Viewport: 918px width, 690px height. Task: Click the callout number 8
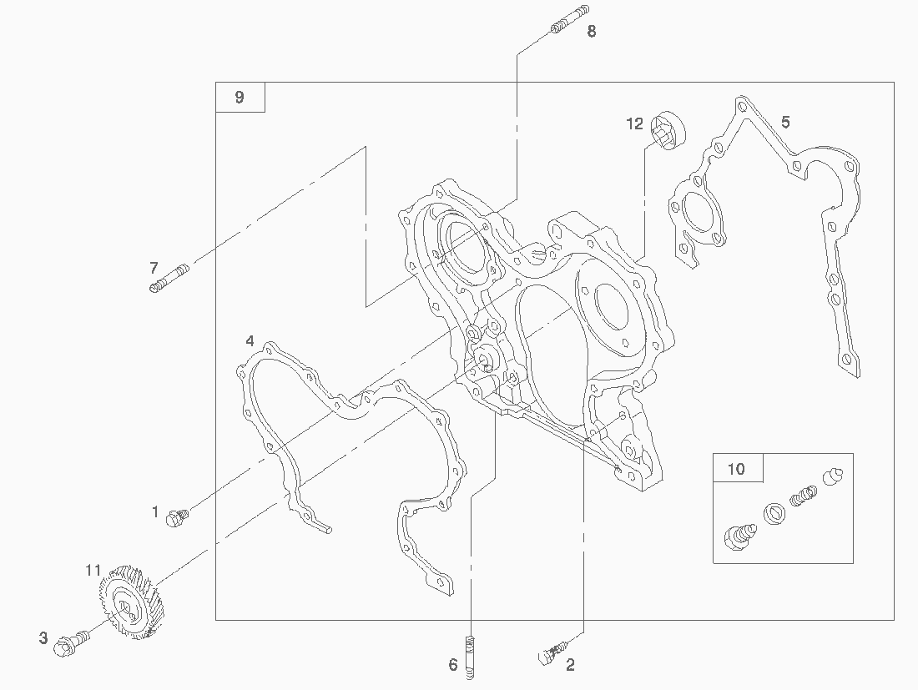click(592, 32)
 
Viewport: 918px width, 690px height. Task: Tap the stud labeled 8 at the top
click(570, 19)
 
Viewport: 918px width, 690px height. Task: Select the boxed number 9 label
click(240, 97)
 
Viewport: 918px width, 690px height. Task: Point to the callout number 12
click(634, 123)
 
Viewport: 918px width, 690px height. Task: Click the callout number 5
click(785, 123)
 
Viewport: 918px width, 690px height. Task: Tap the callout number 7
click(154, 268)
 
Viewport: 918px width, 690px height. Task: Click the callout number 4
click(250, 340)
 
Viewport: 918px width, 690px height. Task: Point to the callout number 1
click(155, 512)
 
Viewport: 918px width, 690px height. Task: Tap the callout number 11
click(93, 570)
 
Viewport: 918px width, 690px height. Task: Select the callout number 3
click(43, 638)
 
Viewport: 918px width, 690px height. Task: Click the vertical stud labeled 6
click(470, 657)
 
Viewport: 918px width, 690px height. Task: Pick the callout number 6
click(453, 665)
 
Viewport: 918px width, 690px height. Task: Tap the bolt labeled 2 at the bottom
click(552, 653)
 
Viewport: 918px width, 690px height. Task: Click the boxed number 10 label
click(738, 468)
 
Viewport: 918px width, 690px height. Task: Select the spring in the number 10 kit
click(803, 495)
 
